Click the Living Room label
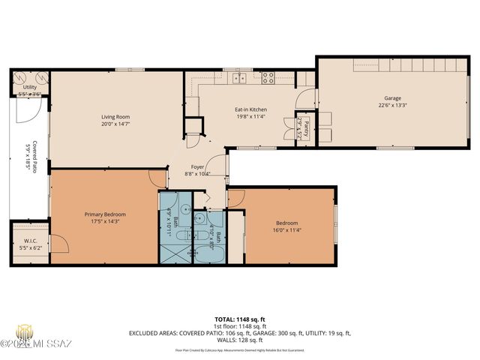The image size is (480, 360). tap(116, 117)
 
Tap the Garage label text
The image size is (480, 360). tap(392, 98)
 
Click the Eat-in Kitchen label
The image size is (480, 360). tap(250, 109)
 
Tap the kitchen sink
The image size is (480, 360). tap(240, 77)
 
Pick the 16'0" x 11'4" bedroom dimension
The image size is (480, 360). tap(286, 230)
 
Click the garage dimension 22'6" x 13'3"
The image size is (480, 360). tap(392, 105)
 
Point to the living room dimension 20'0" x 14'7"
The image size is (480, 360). tap(116, 124)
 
